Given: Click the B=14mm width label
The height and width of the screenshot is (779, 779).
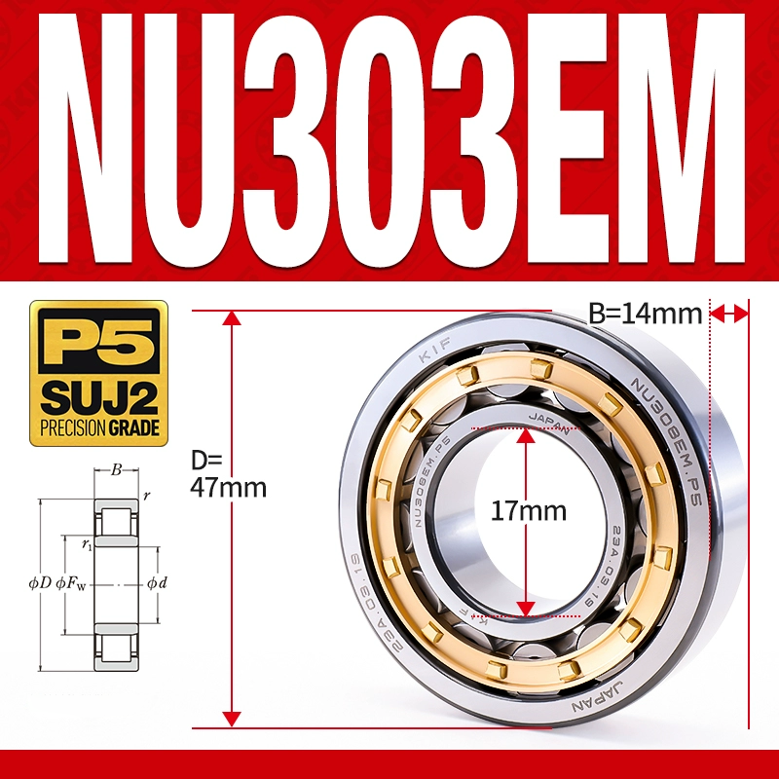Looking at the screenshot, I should [x=646, y=314].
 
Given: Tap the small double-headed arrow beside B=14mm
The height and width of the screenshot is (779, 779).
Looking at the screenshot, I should [x=729, y=313].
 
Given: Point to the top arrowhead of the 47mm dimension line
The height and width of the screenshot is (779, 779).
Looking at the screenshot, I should [x=231, y=318].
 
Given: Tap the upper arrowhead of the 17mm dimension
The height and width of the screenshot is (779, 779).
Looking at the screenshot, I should [x=526, y=435].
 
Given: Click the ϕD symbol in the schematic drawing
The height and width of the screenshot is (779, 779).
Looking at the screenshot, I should [x=40, y=583].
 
